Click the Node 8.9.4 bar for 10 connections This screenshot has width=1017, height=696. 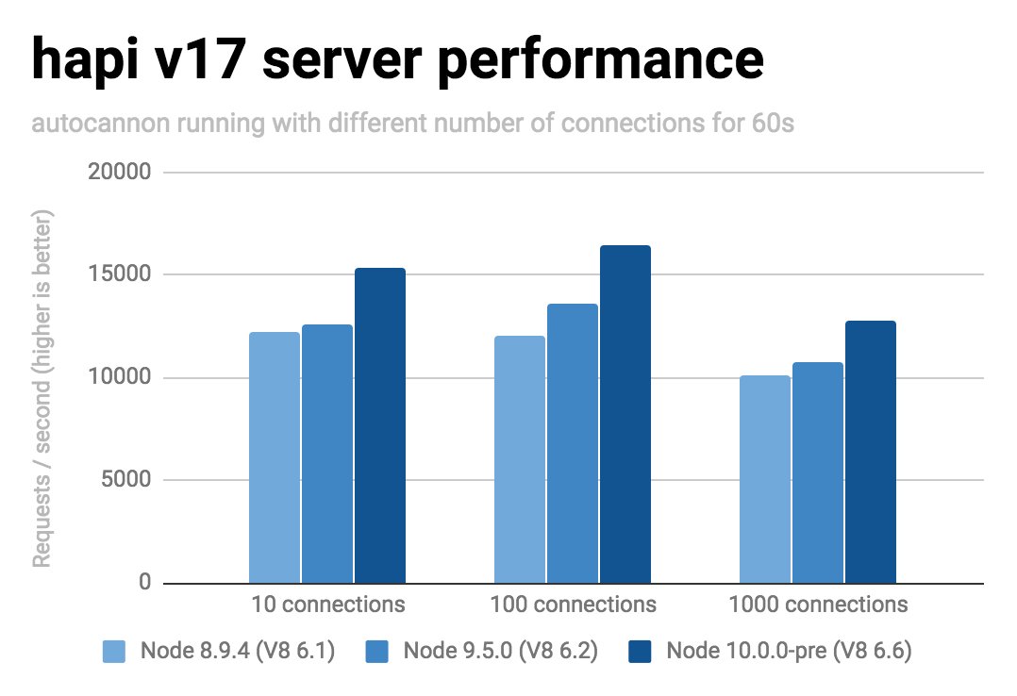[x=275, y=457]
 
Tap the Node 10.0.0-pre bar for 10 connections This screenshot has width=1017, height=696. [x=380, y=425]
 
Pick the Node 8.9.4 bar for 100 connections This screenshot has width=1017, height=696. [x=520, y=459]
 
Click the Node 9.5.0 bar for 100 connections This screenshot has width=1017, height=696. [x=573, y=443]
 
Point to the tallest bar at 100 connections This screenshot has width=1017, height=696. [x=625, y=414]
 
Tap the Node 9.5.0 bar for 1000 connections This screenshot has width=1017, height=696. [x=818, y=472]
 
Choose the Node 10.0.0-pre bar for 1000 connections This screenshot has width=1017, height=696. [x=871, y=452]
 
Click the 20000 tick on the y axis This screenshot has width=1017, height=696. [x=119, y=173]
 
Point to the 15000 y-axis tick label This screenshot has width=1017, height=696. [x=119, y=275]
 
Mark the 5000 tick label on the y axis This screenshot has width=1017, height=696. [x=125, y=481]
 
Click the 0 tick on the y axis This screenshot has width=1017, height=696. [x=144, y=583]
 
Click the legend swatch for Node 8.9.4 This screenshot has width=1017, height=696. [x=113, y=653]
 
